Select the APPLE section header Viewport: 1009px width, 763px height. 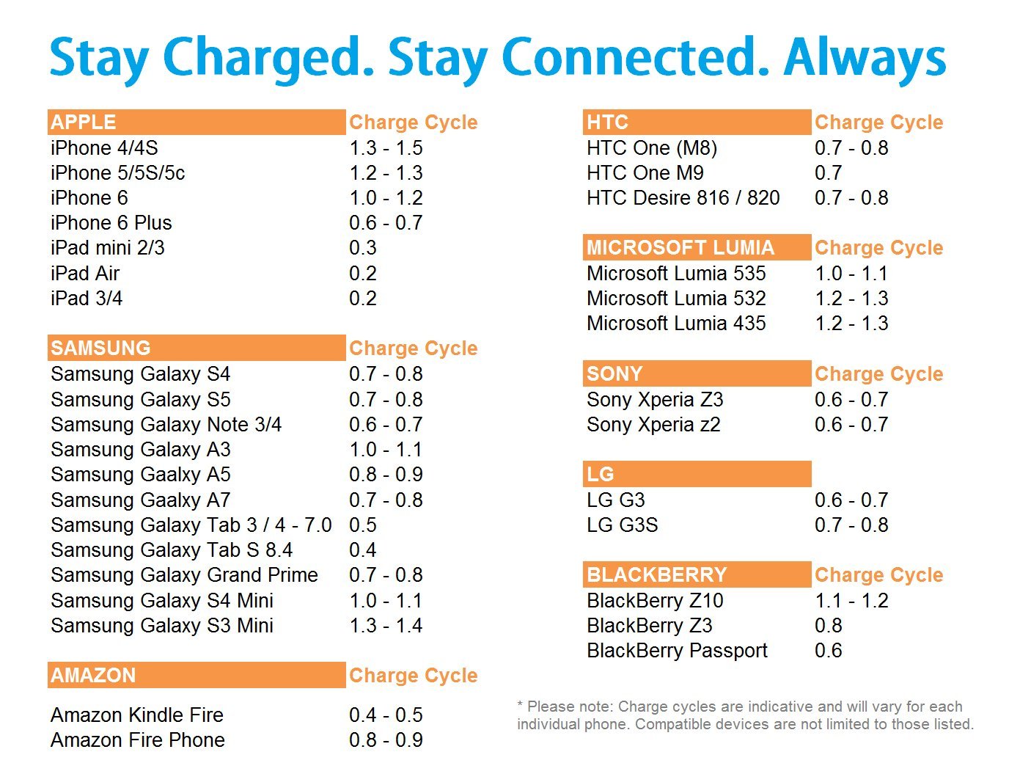coord(83,122)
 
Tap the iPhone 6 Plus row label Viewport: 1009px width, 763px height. coord(111,222)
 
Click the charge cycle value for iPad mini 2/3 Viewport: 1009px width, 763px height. coord(362,247)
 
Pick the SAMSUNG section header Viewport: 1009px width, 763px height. coord(100,348)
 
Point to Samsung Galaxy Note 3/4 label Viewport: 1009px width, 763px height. coord(166,424)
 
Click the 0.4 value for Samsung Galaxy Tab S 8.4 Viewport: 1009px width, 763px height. coord(362,550)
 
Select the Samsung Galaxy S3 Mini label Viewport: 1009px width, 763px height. coord(162,625)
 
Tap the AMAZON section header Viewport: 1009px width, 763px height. coord(93,675)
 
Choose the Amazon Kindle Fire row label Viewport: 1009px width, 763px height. coord(136,715)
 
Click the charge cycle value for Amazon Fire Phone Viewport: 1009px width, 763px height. coord(385,740)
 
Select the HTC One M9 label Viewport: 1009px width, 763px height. coord(645,172)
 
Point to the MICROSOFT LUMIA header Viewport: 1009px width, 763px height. coord(680,247)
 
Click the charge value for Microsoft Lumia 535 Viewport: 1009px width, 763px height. coord(851,273)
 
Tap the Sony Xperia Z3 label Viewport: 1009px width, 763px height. coord(655,399)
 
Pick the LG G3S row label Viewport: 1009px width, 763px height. coord(622,525)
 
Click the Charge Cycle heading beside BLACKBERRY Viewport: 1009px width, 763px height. coord(878,575)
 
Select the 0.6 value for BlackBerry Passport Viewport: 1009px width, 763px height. coord(828,650)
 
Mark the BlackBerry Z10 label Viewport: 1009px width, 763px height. coord(655,600)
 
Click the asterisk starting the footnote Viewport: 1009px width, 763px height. coord(520,704)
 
